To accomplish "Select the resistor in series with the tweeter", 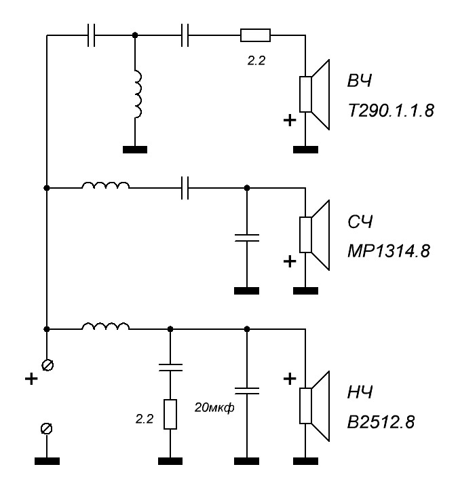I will tap(256, 35).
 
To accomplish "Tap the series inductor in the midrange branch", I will tap(105, 186).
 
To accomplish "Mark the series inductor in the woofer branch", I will tap(105, 328).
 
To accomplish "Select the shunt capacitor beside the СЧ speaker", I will tap(246, 237).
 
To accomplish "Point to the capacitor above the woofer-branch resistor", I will tap(170, 368).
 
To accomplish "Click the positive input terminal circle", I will tap(47, 365).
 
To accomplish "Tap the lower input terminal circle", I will tap(47, 429).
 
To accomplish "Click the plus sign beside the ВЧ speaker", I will tap(289, 120).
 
